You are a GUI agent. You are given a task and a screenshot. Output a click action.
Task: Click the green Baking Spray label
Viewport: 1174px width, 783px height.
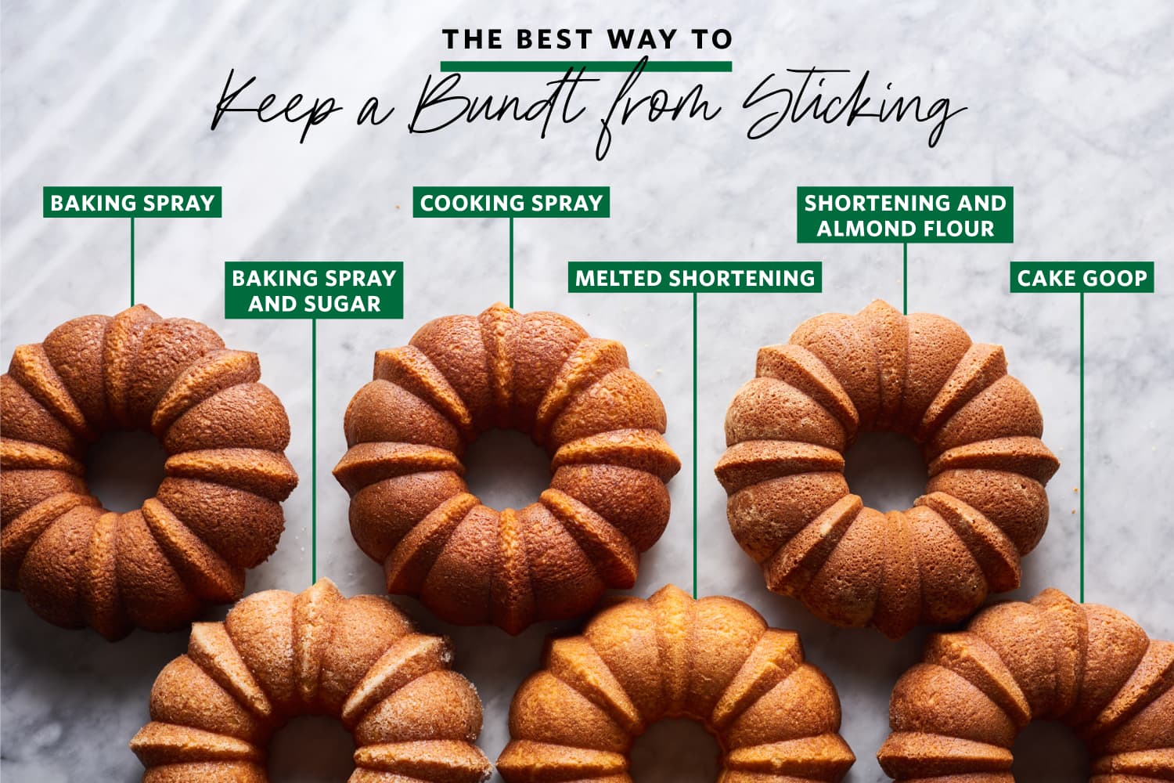pyautogui.click(x=132, y=202)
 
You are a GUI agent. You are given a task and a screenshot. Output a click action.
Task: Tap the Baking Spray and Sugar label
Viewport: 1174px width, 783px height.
pyautogui.click(x=314, y=290)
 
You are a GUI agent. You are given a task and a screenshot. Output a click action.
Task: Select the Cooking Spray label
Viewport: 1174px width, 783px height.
pyautogui.click(x=511, y=202)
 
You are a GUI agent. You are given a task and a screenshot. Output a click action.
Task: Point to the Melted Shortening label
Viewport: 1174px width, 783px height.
pyautogui.click(x=695, y=277)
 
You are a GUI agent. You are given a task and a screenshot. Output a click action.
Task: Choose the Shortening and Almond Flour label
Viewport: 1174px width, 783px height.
pyautogui.click(x=905, y=215)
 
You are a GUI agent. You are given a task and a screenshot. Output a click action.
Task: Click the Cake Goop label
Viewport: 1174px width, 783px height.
pyautogui.click(x=1082, y=277)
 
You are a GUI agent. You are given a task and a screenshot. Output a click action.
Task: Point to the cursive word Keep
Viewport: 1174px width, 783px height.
pyautogui.click(x=274, y=110)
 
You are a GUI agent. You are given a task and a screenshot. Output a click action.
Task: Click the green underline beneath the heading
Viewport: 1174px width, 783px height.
pyautogui.click(x=586, y=66)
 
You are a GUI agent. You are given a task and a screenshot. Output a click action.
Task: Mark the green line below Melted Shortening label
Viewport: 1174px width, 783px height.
pyautogui.click(x=695, y=438)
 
